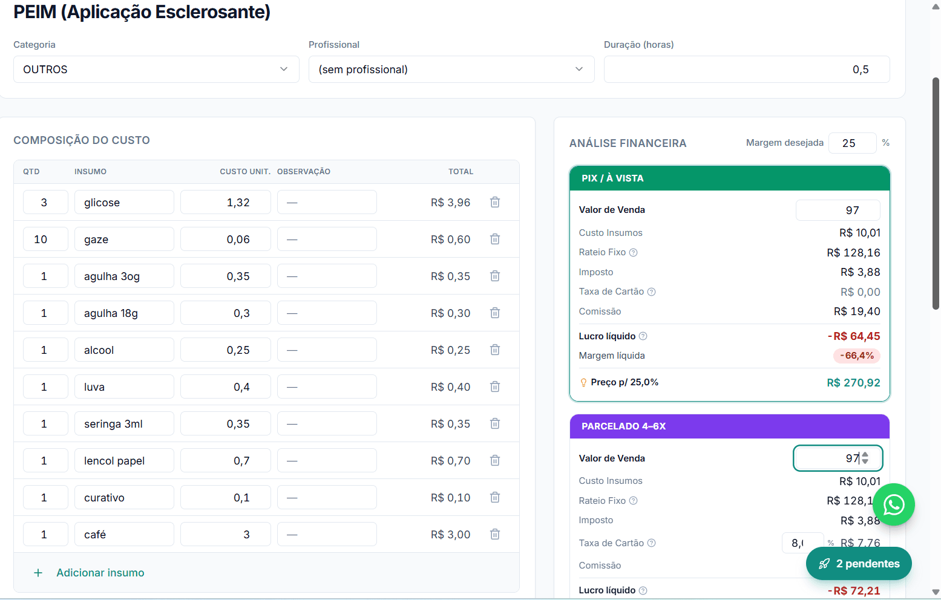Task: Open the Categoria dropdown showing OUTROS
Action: point(156,70)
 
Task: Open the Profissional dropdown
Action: point(451,70)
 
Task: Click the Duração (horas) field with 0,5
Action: point(747,70)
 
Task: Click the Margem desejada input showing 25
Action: point(852,143)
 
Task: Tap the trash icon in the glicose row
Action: point(495,203)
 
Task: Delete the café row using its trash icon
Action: point(495,534)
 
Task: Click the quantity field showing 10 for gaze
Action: point(45,240)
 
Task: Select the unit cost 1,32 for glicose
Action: point(226,203)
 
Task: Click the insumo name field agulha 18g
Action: point(124,313)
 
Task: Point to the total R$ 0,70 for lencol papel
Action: point(450,461)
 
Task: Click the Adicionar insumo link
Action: point(100,573)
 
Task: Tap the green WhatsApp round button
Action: point(894,504)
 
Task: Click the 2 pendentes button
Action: point(859,564)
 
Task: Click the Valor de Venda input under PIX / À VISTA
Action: point(838,210)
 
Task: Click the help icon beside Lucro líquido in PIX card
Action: point(643,336)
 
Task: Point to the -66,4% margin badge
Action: point(856,356)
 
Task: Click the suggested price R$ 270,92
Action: point(853,383)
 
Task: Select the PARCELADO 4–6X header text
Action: point(623,426)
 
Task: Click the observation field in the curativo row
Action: point(327,498)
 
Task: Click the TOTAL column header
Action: point(461,171)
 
